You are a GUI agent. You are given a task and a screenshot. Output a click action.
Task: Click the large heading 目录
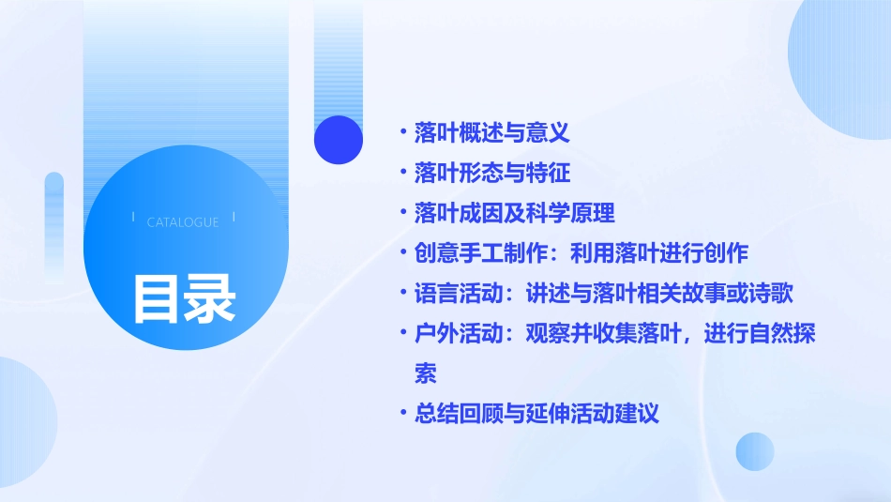pyautogui.click(x=184, y=297)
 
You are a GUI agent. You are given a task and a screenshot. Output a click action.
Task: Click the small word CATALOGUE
pyautogui.click(x=183, y=222)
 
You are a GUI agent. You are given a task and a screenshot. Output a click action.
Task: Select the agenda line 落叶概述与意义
pyautogui.click(x=491, y=133)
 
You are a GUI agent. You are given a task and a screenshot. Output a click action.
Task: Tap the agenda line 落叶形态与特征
pyautogui.click(x=491, y=174)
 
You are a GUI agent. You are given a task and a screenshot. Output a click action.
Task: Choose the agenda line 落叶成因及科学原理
pyautogui.click(x=514, y=214)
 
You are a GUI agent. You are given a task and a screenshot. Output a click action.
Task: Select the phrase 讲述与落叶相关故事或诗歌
pyautogui.click(x=658, y=295)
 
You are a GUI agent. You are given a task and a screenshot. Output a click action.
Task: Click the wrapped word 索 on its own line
pyautogui.click(x=426, y=374)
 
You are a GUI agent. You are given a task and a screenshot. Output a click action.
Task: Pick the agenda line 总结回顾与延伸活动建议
pyautogui.click(x=536, y=414)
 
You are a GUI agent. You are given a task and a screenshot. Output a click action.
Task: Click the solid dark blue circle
pyautogui.click(x=339, y=140)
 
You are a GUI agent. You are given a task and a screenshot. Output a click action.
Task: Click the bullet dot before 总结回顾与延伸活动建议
pyautogui.click(x=401, y=414)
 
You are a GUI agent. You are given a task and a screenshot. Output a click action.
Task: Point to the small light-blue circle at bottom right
pyautogui.click(x=754, y=451)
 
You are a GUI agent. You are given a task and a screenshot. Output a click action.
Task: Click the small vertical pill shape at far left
pyautogui.click(x=53, y=225)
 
